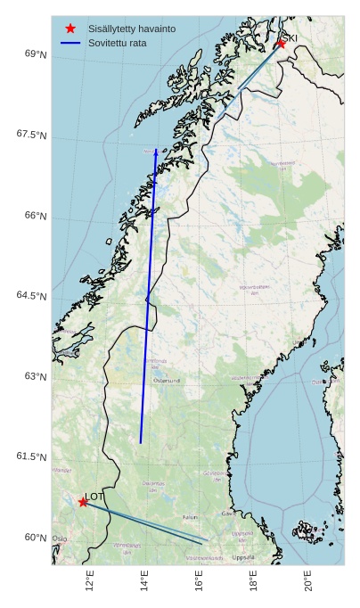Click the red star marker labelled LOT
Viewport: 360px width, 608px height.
[83, 502]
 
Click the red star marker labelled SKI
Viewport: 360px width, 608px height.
[281, 43]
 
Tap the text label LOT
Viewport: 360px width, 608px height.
[94, 496]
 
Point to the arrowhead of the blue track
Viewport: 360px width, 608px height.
[156, 152]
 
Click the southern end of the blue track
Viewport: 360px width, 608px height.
[141, 442]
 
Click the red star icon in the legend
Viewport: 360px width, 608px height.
[70, 29]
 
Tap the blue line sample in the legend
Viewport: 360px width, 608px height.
[70, 43]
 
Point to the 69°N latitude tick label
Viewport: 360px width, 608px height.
[36, 54]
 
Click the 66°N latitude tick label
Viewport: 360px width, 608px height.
[36, 216]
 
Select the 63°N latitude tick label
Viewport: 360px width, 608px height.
[36, 376]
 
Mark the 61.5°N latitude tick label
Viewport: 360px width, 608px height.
[32, 456]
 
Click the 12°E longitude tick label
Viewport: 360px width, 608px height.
[90, 581]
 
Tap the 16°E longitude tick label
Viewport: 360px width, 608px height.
[199, 581]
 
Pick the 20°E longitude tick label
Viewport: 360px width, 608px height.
[308, 581]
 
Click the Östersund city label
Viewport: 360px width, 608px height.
[167, 381]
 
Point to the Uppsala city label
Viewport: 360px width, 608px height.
[242, 557]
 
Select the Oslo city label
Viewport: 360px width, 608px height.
[60, 538]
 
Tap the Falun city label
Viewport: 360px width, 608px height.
[190, 516]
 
